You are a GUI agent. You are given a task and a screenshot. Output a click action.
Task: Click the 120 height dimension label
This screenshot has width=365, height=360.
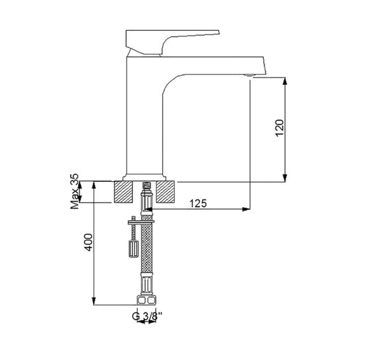(x=279, y=128)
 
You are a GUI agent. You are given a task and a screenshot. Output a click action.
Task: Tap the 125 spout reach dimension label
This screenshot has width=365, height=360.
(x=198, y=204)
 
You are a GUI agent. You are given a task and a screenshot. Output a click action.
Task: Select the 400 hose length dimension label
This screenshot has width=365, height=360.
(x=88, y=242)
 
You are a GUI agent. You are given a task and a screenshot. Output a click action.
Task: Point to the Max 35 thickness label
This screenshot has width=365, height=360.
(x=75, y=191)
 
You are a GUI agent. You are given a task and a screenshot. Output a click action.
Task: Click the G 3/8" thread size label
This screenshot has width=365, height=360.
(x=147, y=316)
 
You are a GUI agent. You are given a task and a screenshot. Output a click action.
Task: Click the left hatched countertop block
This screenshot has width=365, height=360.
(x=123, y=192)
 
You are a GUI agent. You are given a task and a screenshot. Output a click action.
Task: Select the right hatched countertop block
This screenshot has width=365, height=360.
(x=165, y=192)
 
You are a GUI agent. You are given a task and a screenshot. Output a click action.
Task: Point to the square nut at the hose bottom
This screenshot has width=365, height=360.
(x=147, y=300)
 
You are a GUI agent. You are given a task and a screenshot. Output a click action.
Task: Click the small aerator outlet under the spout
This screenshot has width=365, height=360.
(x=249, y=75)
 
